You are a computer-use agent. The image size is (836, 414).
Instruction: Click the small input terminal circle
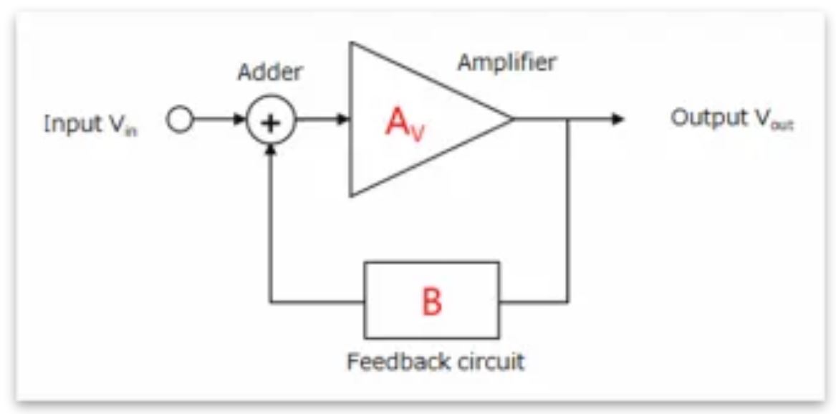(181, 121)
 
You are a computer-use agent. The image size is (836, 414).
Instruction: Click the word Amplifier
(506, 63)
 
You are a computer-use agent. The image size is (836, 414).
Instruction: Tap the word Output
(705, 119)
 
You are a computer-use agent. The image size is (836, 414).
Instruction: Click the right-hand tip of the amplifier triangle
(514, 120)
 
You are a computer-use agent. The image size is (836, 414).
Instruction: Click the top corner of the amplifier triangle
(350, 42)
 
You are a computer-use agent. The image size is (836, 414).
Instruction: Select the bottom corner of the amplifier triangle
(350, 196)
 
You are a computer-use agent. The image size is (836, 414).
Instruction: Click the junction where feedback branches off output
(568, 120)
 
